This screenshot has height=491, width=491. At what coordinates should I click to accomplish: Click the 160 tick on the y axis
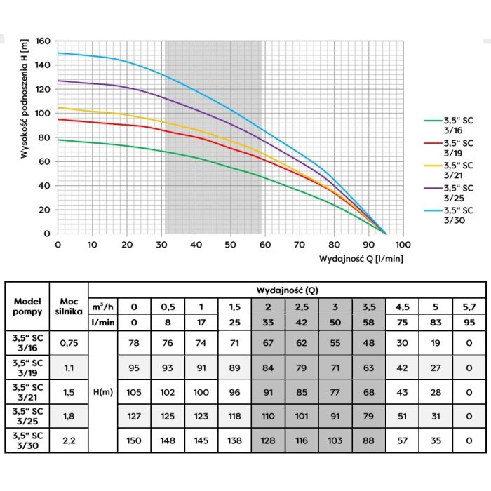(43, 41)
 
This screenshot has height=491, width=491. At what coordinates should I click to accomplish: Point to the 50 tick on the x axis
(230, 244)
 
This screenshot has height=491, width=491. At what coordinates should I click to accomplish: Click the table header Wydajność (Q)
(288, 289)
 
